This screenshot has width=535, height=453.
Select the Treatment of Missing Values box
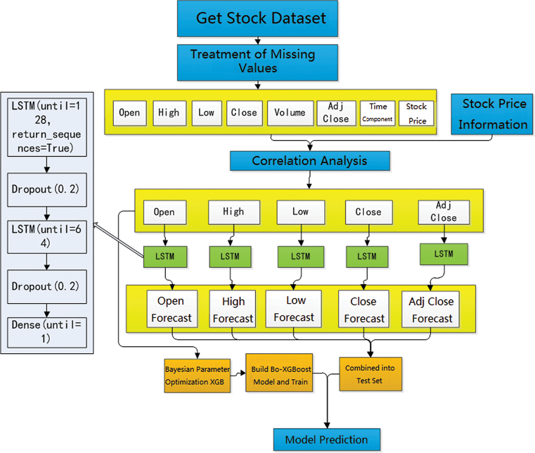point(257,62)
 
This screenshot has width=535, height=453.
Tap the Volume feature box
point(290,113)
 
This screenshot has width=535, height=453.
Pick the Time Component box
point(377,113)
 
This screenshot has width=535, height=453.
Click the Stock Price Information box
point(492,114)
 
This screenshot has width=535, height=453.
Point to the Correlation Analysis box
point(310,161)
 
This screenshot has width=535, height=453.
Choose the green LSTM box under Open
point(165,257)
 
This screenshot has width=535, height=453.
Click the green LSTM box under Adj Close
point(444,254)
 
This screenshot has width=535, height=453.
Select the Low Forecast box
point(294,309)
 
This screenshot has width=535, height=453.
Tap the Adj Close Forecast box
point(431,310)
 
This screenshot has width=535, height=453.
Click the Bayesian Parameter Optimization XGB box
point(197,376)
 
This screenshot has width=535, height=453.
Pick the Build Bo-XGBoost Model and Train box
point(279,373)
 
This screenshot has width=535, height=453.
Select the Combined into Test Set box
point(370,374)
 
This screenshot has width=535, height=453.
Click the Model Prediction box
point(327,440)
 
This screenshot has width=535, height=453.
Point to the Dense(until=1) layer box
point(47,332)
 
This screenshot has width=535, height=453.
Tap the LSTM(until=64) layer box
point(47,237)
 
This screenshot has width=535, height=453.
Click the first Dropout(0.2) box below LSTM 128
point(47,190)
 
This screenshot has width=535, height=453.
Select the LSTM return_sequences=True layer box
point(47,127)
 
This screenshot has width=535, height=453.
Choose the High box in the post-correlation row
point(234,212)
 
